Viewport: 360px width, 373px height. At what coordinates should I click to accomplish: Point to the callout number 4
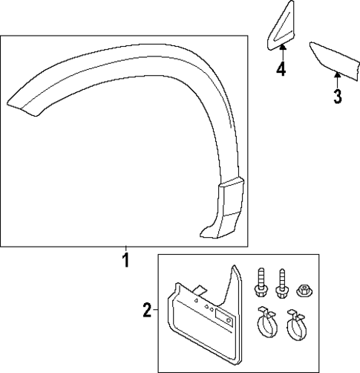pos(281,69)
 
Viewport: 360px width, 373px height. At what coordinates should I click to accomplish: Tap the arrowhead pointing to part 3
pos(336,72)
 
